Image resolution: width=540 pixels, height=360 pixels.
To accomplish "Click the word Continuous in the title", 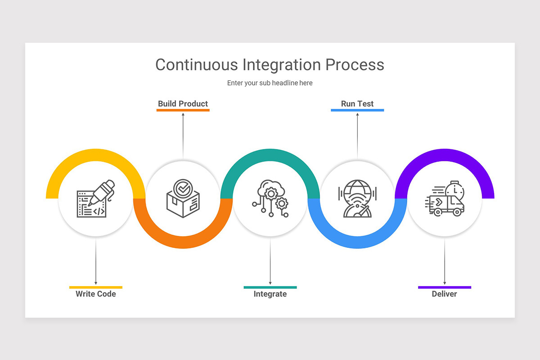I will tap(197, 65).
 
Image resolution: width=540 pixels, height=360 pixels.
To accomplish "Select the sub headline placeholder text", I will tap(270, 83).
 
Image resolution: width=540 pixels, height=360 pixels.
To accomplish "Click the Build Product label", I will tap(183, 103).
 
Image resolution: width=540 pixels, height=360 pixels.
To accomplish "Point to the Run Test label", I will tap(357, 103).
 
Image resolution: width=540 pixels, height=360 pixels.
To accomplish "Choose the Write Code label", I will tap(96, 294).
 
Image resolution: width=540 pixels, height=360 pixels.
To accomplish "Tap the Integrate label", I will tap(270, 294).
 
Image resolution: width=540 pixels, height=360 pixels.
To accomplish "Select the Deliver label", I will tap(444, 294).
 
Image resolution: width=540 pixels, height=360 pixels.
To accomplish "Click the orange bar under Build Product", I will tap(183, 110).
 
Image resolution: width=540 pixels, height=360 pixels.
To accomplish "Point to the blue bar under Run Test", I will tap(357, 110).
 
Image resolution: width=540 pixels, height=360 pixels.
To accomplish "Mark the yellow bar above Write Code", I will tap(96, 287).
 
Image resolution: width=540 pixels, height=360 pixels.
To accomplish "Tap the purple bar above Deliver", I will tap(444, 287).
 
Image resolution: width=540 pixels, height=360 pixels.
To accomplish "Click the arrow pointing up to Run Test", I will tap(357, 135).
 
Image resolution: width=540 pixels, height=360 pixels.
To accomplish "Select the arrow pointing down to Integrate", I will tap(270, 261).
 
